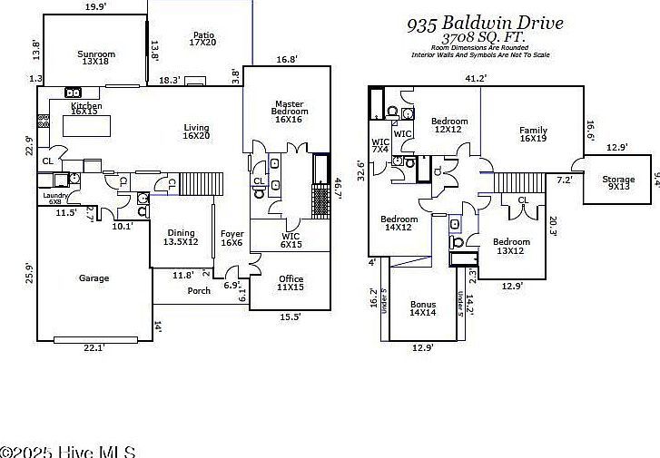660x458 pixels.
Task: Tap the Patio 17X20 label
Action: pyautogui.click(x=202, y=37)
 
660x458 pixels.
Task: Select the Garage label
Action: pyautogui.click(x=94, y=278)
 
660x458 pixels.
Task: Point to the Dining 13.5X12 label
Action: pyautogui.click(x=181, y=238)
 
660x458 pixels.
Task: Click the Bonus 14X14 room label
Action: pyautogui.click(x=423, y=307)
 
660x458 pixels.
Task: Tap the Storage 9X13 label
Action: pyautogui.click(x=618, y=183)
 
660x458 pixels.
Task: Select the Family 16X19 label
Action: pyautogui.click(x=533, y=135)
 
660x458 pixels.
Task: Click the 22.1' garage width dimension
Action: pyautogui.click(x=94, y=347)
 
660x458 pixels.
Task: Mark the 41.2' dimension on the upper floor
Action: pyautogui.click(x=476, y=78)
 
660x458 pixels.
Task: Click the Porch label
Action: pyautogui.click(x=198, y=291)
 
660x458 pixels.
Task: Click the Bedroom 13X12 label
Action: pyautogui.click(x=511, y=247)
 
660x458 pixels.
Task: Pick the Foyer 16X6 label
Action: pyautogui.click(x=231, y=238)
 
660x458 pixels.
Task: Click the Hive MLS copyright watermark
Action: pyautogui.click(x=68, y=451)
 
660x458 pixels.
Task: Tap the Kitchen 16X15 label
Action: pyautogui.click(x=85, y=110)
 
